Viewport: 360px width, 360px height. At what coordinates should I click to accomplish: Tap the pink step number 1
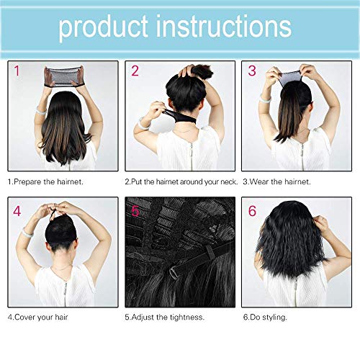point(16,71)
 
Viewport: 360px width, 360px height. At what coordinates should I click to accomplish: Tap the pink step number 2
point(134,71)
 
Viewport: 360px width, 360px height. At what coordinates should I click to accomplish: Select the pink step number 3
point(252,71)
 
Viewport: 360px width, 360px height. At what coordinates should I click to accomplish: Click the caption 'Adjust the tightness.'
point(163,316)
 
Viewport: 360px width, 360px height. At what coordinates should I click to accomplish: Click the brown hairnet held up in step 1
point(61,76)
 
